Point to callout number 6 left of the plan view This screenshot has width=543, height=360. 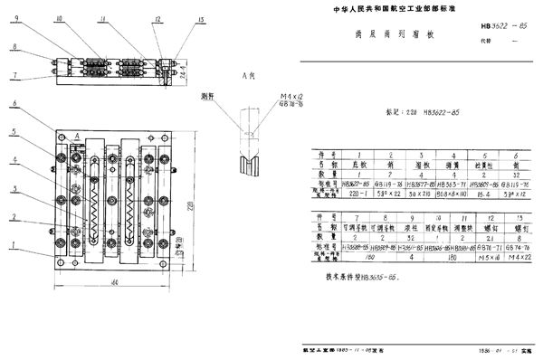(14, 104)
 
